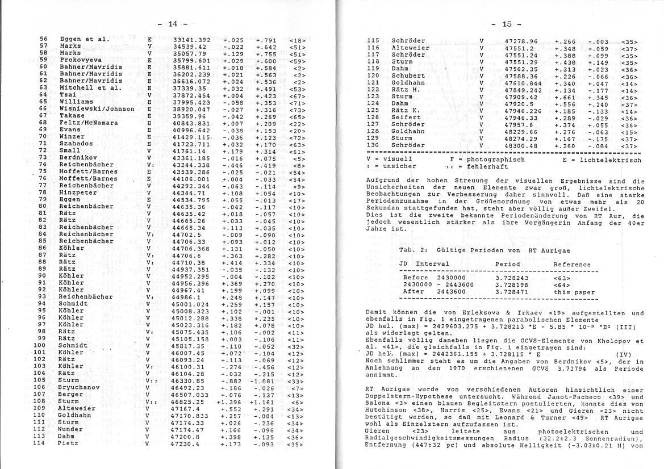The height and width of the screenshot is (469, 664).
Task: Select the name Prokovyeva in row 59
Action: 81,60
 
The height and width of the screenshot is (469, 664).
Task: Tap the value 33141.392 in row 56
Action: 191,40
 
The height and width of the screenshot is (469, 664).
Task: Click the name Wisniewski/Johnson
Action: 97,108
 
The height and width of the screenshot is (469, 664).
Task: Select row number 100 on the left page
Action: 39,345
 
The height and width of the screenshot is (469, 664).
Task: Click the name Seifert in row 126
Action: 406,118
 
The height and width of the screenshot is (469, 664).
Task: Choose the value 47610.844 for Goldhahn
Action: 523,83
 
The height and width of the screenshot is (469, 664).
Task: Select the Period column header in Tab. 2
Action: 507,264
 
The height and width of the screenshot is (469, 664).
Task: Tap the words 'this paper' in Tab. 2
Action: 574,292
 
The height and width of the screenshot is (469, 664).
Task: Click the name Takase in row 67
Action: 72,115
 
